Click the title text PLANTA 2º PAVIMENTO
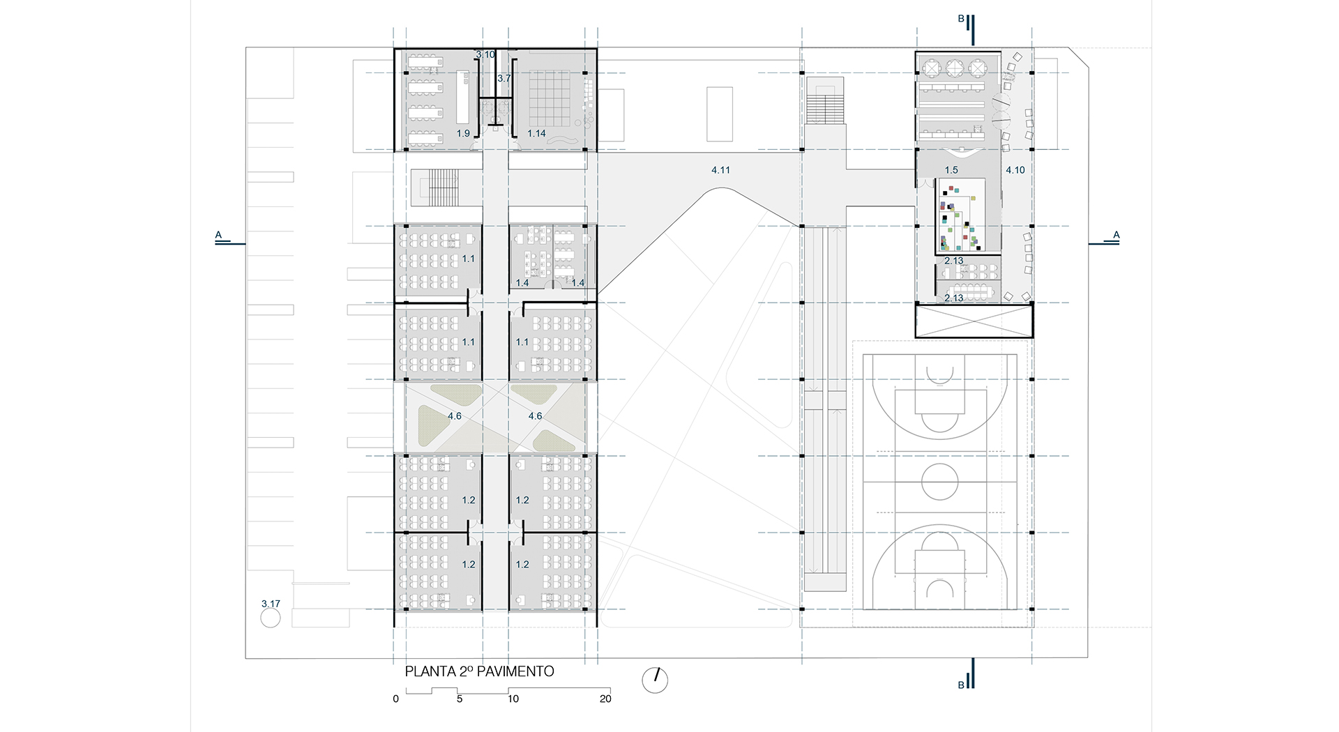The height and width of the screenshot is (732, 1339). [480, 671]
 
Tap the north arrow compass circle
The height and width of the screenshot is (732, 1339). [655, 680]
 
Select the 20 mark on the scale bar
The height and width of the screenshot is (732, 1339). [605, 699]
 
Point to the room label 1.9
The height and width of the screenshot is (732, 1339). [463, 133]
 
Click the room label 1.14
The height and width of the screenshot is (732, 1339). [536, 133]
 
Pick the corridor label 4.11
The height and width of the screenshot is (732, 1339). [720, 170]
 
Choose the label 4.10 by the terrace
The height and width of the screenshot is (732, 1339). [1015, 170]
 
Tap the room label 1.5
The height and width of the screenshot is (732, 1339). [951, 170]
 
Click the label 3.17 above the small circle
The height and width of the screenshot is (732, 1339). [271, 604]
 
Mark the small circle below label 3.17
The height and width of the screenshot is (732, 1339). [271, 618]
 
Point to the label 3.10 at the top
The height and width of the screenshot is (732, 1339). [485, 54]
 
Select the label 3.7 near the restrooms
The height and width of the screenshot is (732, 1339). [504, 79]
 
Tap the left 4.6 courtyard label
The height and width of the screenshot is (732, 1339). [454, 416]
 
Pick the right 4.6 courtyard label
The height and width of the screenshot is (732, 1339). [535, 416]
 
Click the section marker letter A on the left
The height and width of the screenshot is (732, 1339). [218, 235]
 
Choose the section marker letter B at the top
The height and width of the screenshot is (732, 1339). [960, 19]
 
